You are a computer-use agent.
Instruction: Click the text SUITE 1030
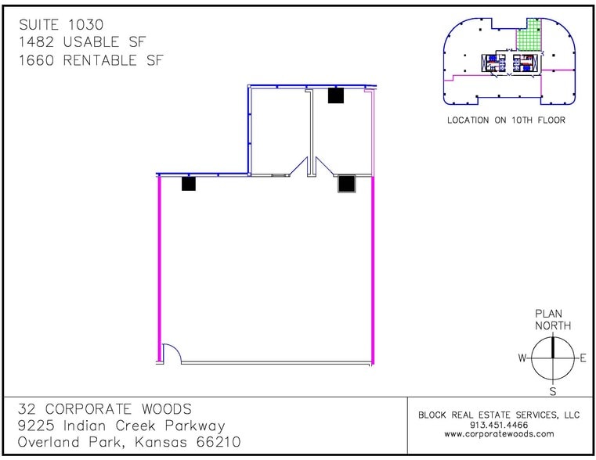[x=61, y=25]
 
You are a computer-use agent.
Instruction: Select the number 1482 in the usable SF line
[x=37, y=41]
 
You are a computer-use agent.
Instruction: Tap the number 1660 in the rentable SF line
[x=37, y=60]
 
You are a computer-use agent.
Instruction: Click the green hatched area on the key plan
[x=529, y=38]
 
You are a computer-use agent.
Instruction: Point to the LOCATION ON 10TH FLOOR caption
[x=506, y=120]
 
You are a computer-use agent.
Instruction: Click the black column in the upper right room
[x=336, y=95]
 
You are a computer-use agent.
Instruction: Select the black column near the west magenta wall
[x=189, y=184]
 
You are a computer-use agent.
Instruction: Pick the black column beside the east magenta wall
[x=347, y=184]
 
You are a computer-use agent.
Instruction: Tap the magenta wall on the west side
[x=160, y=269]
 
